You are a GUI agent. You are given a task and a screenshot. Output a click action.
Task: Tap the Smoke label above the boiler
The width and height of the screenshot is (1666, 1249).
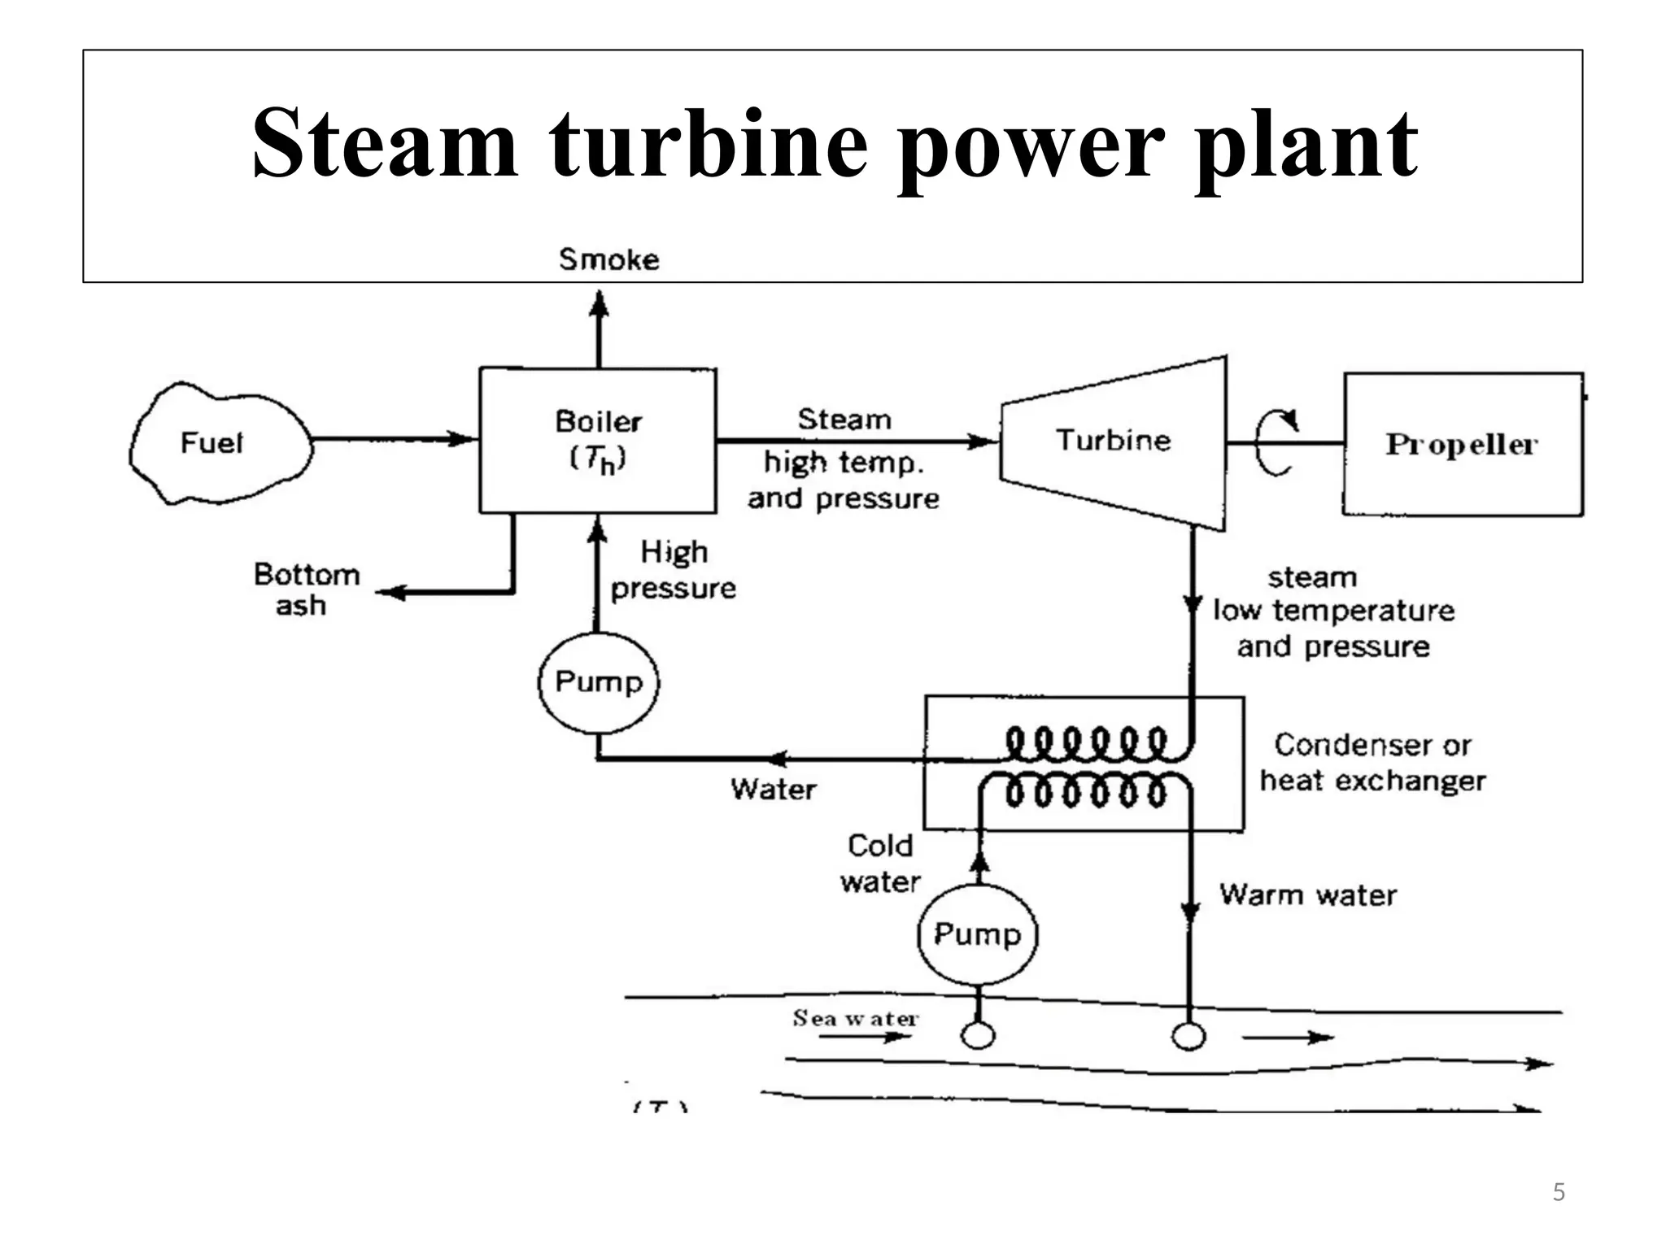pyautogui.click(x=608, y=259)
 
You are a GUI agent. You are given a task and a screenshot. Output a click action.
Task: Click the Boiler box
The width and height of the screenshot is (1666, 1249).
pyautogui.click(x=598, y=440)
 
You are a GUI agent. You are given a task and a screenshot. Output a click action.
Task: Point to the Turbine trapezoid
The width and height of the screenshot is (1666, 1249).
pyautogui.click(x=1113, y=442)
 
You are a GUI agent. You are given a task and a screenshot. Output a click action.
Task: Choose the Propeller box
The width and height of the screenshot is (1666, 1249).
pyautogui.click(x=1462, y=444)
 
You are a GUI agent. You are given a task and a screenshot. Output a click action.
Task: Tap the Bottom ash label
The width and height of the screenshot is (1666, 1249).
pyautogui.click(x=306, y=590)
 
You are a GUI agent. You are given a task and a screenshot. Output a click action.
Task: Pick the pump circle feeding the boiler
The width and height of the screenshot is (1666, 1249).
pyautogui.click(x=598, y=681)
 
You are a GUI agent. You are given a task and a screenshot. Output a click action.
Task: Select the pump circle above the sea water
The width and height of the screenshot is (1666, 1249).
pyautogui.click(x=977, y=933)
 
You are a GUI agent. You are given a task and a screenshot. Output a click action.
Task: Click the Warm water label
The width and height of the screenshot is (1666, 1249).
pyautogui.click(x=1307, y=894)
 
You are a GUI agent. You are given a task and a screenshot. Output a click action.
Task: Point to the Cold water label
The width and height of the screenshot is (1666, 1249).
pyautogui.click(x=880, y=863)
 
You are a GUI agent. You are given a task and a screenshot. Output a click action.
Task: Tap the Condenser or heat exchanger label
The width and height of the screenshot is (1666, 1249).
pyautogui.click(x=1372, y=763)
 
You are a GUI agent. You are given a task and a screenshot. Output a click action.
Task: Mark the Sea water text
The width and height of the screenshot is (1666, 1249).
pyautogui.click(x=855, y=1018)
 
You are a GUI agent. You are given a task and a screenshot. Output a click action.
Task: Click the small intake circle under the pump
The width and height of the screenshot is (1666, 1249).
pyautogui.click(x=977, y=1035)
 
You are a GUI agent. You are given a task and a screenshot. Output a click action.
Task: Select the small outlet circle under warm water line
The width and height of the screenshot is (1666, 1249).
pyautogui.click(x=1188, y=1036)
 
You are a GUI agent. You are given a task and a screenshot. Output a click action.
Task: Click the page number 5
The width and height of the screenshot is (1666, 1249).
pyautogui.click(x=1558, y=1192)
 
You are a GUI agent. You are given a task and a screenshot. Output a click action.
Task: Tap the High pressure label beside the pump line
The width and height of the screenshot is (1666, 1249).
pyautogui.click(x=673, y=569)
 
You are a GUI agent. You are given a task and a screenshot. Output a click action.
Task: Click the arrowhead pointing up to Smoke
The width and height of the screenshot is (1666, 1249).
pyautogui.click(x=599, y=305)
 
